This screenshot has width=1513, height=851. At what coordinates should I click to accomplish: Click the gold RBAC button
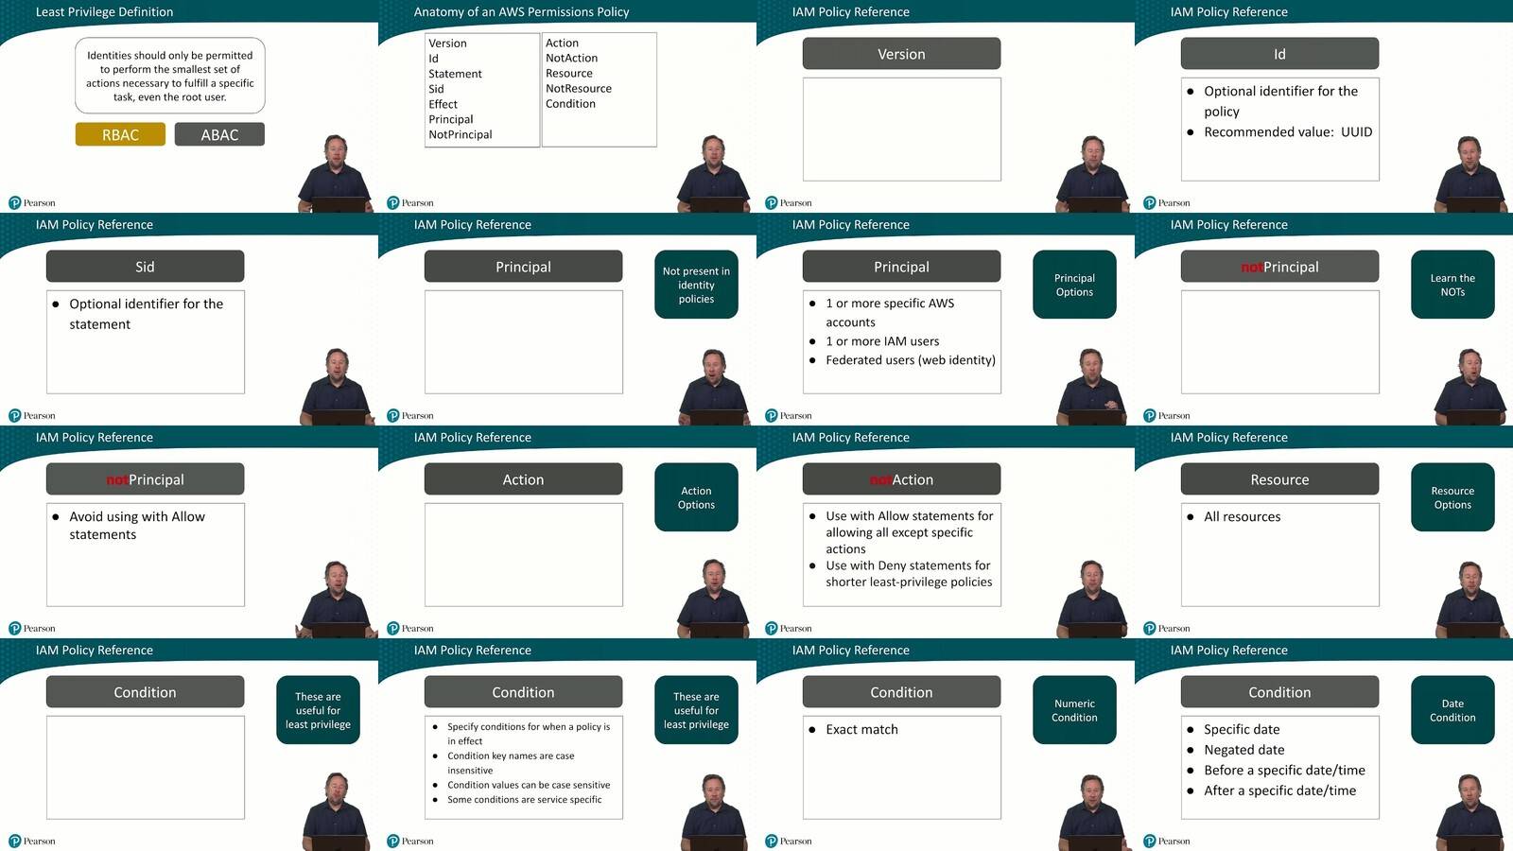[x=120, y=134]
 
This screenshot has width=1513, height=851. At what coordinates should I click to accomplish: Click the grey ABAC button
[x=219, y=134]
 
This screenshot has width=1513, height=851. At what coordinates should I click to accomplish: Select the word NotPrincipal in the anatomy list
[x=460, y=134]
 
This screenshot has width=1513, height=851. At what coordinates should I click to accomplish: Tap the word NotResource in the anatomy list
[x=578, y=89]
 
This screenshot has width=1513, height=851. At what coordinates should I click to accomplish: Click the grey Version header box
[x=901, y=53]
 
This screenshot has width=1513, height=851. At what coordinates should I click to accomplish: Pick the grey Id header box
[x=1279, y=53]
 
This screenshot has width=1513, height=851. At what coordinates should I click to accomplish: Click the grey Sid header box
[x=145, y=266]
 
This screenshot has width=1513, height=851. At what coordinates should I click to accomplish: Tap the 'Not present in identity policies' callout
[x=696, y=285]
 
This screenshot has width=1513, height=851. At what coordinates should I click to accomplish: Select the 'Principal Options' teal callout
[x=1074, y=285]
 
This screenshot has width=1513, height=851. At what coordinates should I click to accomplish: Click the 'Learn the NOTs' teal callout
[x=1452, y=285]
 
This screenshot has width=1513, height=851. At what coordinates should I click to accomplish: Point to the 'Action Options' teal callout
[x=696, y=497]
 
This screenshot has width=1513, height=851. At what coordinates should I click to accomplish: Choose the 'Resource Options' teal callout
[x=1452, y=497]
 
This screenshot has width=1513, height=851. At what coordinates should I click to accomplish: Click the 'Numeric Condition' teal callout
[x=1074, y=710]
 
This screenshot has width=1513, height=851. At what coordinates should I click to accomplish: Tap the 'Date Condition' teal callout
[x=1452, y=710]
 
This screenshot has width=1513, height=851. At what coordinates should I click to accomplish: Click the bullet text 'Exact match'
[x=861, y=729]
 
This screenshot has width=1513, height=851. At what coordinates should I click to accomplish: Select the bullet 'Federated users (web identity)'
[x=911, y=360]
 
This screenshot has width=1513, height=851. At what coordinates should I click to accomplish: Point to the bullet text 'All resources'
[x=1243, y=516]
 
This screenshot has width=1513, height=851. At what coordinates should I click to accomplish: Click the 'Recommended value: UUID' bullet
[x=1288, y=131]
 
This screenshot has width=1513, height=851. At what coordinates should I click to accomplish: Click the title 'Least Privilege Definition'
[x=104, y=11]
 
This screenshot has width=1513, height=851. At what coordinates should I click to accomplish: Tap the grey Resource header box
[x=1279, y=478]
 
